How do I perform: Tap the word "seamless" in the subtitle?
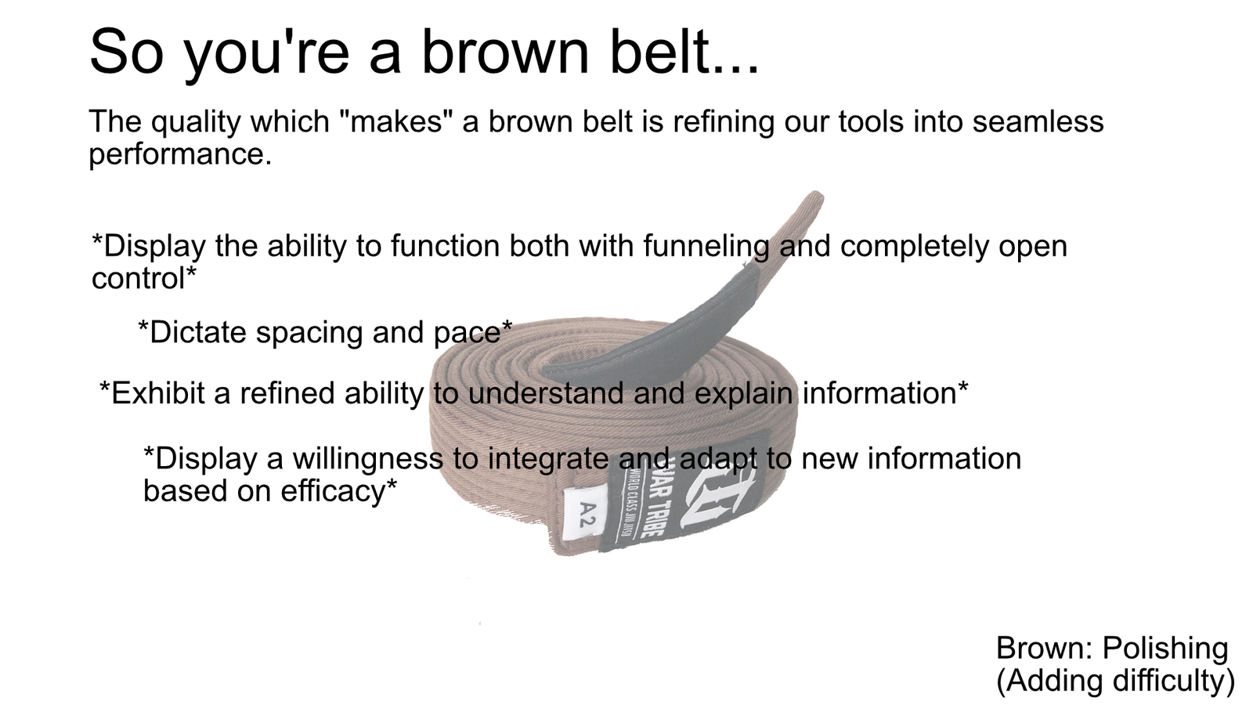(x=1038, y=121)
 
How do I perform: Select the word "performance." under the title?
(x=180, y=154)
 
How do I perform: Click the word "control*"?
(x=144, y=277)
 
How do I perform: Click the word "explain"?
(x=743, y=394)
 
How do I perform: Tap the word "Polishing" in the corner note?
(x=1165, y=649)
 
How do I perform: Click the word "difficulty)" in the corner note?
(x=1174, y=681)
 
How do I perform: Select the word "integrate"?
(x=548, y=460)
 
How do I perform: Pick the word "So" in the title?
(x=126, y=52)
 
